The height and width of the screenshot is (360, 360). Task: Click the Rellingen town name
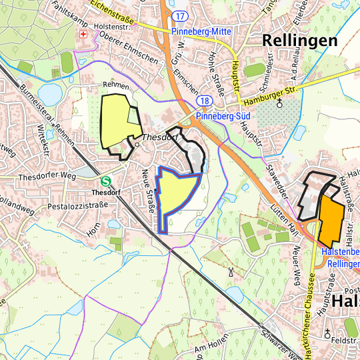300,40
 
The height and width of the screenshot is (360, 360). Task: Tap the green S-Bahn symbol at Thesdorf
105,181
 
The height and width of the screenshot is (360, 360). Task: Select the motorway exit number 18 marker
205,101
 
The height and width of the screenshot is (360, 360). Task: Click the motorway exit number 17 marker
178,15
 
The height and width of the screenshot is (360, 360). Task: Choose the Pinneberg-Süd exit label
223,115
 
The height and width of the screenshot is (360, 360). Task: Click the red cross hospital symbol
83,34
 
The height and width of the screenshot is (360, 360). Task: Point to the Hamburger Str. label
269,94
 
